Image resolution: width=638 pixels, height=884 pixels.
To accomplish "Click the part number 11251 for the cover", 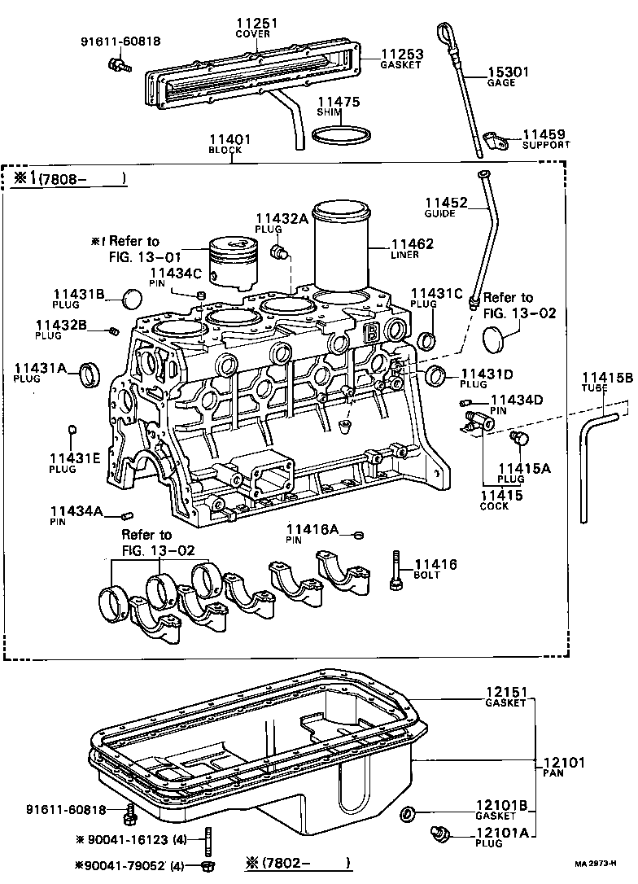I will (x=257, y=24).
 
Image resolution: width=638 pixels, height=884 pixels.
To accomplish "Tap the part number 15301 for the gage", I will (x=508, y=72).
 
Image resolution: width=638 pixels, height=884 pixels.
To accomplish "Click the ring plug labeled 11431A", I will (x=90, y=375).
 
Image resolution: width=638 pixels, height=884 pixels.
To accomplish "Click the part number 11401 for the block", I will (x=229, y=139).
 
